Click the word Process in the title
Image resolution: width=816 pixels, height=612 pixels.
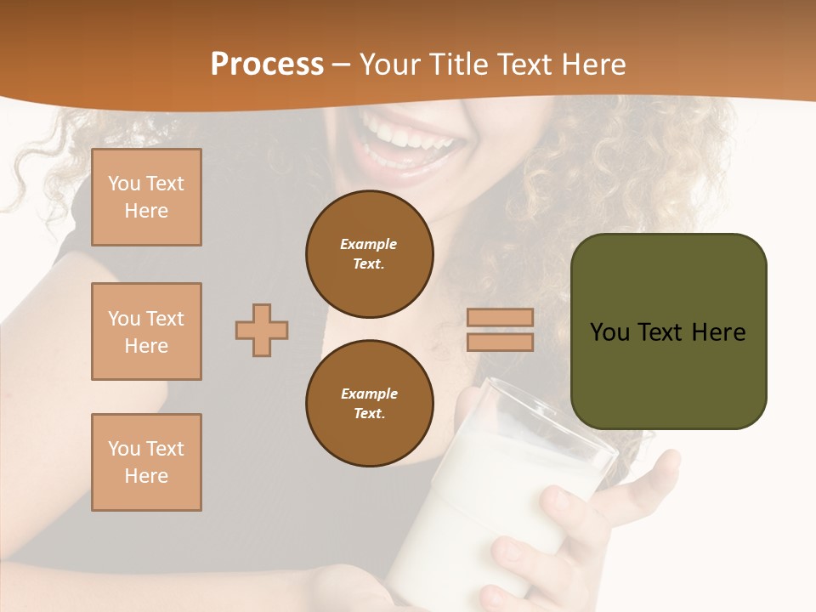click(x=267, y=65)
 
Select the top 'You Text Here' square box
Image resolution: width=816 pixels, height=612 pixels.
click(x=146, y=197)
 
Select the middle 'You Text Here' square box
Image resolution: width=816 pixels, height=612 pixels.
click(x=146, y=331)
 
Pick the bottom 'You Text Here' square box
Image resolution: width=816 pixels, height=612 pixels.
click(x=146, y=462)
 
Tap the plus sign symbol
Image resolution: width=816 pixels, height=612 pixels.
click(x=262, y=330)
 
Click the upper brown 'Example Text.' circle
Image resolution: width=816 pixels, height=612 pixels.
click(x=369, y=254)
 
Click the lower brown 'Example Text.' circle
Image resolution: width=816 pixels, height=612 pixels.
click(x=369, y=403)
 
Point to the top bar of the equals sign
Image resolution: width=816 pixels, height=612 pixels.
click(x=500, y=318)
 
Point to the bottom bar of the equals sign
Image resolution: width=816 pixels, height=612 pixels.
click(x=500, y=342)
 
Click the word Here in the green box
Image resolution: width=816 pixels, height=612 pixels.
click(x=718, y=332)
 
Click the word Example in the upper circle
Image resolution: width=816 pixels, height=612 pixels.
click(x=369, y=244)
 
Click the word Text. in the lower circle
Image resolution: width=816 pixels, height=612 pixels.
click(x=369, y=413)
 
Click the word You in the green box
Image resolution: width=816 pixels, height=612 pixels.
click(x=610, y=332)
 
